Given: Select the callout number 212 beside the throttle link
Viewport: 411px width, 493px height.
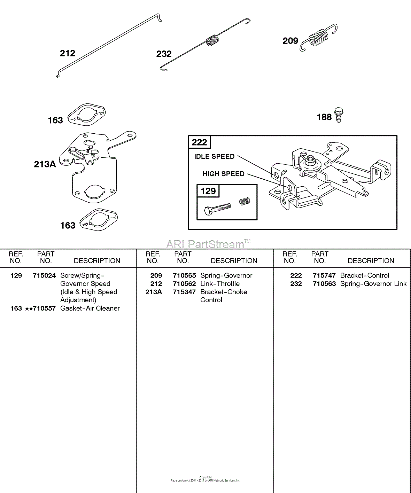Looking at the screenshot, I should click(x=67, y=53).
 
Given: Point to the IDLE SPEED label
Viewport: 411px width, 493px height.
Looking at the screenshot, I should click(x=214, y=157).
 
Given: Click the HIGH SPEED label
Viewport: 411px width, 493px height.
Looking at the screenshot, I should click(x=223, y=174).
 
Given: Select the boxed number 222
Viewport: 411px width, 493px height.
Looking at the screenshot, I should click(x=200, y=142).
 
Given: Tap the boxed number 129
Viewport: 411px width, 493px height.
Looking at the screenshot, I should click(x=208, y=191).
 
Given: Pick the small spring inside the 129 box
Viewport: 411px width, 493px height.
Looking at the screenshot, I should click(x=245, y=201).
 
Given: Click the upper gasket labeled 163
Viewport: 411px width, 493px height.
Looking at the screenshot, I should click(x=86, y=115).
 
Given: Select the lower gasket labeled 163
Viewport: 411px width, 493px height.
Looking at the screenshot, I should click(x=98, y=220).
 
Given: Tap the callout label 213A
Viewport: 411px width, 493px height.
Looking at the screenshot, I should click(x=45, y=164).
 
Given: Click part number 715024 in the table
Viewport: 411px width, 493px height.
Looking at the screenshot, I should click(x=44, y=276).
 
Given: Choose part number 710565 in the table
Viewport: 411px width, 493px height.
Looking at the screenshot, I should click(x=184, y=276).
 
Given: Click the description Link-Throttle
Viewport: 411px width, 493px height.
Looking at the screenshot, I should click(x=220, y=284).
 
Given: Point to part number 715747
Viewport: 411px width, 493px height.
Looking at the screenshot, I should click(x=324, y=276).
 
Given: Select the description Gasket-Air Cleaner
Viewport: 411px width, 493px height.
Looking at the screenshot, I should click(x=90, y=308).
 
